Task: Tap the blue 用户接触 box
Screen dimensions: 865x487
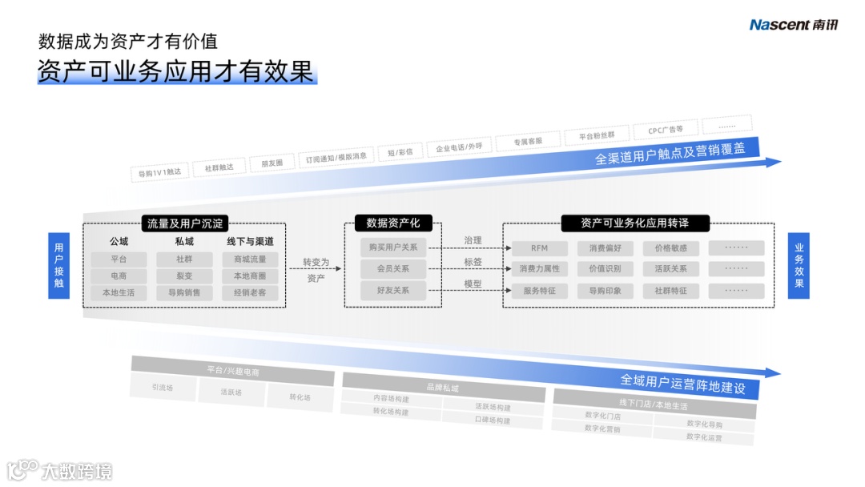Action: point(58,266)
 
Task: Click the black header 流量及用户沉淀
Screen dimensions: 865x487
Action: point(185,223)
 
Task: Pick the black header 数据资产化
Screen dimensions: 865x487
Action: point(392,223)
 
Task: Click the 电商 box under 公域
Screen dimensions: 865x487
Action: point(119,276)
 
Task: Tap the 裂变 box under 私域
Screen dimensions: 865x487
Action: point(184,276)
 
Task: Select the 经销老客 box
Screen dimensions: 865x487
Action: point(250,293)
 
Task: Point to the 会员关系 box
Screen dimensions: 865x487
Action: point(392,269)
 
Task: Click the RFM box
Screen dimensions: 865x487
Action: point(539,248)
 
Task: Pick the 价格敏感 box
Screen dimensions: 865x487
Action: point(670,248)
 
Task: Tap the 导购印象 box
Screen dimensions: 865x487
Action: point(605,291)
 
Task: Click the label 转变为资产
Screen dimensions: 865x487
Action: point(316,270)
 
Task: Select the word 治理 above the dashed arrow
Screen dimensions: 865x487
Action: point(473,240)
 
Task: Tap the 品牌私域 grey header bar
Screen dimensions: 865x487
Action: point(443,388)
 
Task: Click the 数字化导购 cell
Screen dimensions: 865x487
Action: point(704,425)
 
